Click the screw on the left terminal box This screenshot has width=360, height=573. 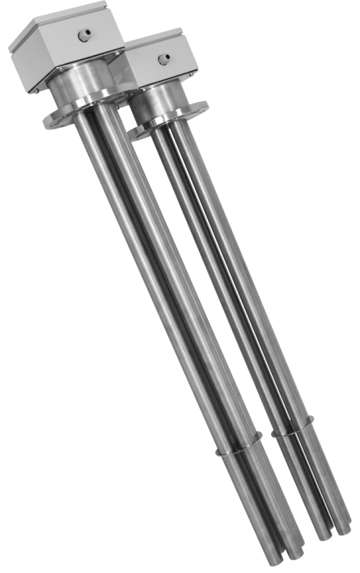pyautogui.click(x=82, y=34)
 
